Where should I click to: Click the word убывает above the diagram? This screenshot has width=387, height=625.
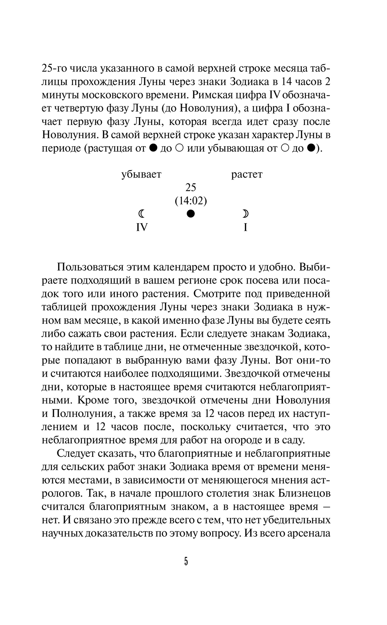tap(141, 174)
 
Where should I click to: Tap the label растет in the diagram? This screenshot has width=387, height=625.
tap(247, 174)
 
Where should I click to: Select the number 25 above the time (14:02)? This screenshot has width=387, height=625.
tap(191, 188)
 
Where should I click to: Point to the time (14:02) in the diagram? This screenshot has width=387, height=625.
tap(191, 201)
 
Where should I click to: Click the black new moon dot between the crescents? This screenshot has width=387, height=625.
tap(190, 213)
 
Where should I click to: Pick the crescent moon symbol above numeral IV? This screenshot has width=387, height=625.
tap(142, 213)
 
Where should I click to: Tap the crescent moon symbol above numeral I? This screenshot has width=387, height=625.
tap(245, 213)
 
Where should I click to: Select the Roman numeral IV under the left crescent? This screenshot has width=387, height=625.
tap(142, 227)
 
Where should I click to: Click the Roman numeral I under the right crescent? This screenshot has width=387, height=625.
tap(245, 227)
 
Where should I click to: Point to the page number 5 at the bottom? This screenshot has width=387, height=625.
tap(186, 562)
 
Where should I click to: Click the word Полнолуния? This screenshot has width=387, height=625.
tap(77, 413)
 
